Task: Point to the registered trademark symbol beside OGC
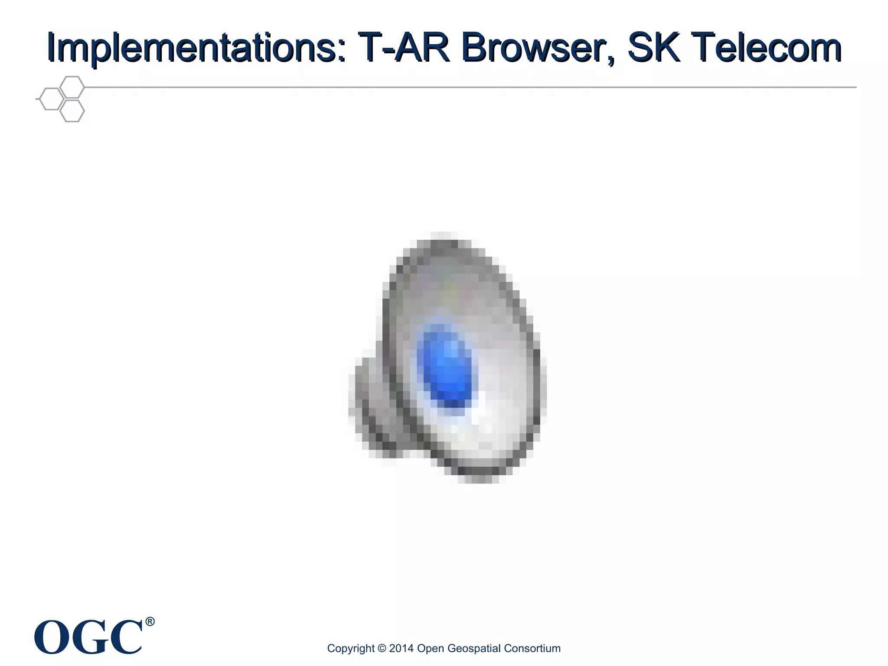(150, 622)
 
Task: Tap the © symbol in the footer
(382, 648)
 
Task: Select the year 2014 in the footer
(401, 648)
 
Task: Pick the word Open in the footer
(430, 649)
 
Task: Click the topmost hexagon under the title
(72, 87)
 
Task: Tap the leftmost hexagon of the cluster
(51, 99)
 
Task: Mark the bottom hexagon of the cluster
(72, 111)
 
